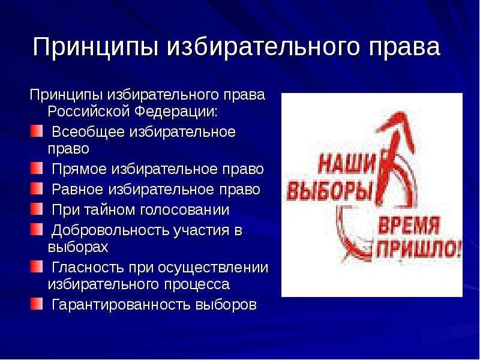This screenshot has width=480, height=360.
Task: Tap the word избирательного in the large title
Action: click(x=262, y=47)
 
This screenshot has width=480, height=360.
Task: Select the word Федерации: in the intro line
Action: click(x=176, y=112)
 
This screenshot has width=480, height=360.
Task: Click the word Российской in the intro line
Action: click(x=88, y=112)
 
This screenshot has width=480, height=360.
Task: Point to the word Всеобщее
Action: click(x=88, y=133)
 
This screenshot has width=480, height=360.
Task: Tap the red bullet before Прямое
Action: click(x=37, y=168)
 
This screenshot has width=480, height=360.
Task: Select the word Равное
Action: click(x=77, y=190)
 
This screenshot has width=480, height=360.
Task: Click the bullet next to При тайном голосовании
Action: click(x=37, y=209)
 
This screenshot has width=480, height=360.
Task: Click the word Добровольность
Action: click(x=110, y=231)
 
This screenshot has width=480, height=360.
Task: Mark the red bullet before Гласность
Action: click(x=37, y=266)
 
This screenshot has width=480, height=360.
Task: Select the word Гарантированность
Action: click(x=121, y=305)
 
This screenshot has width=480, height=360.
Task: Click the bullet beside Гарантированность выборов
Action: click(x=37, y=304)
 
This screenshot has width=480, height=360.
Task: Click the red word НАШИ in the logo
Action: click(x=347, y=163)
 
